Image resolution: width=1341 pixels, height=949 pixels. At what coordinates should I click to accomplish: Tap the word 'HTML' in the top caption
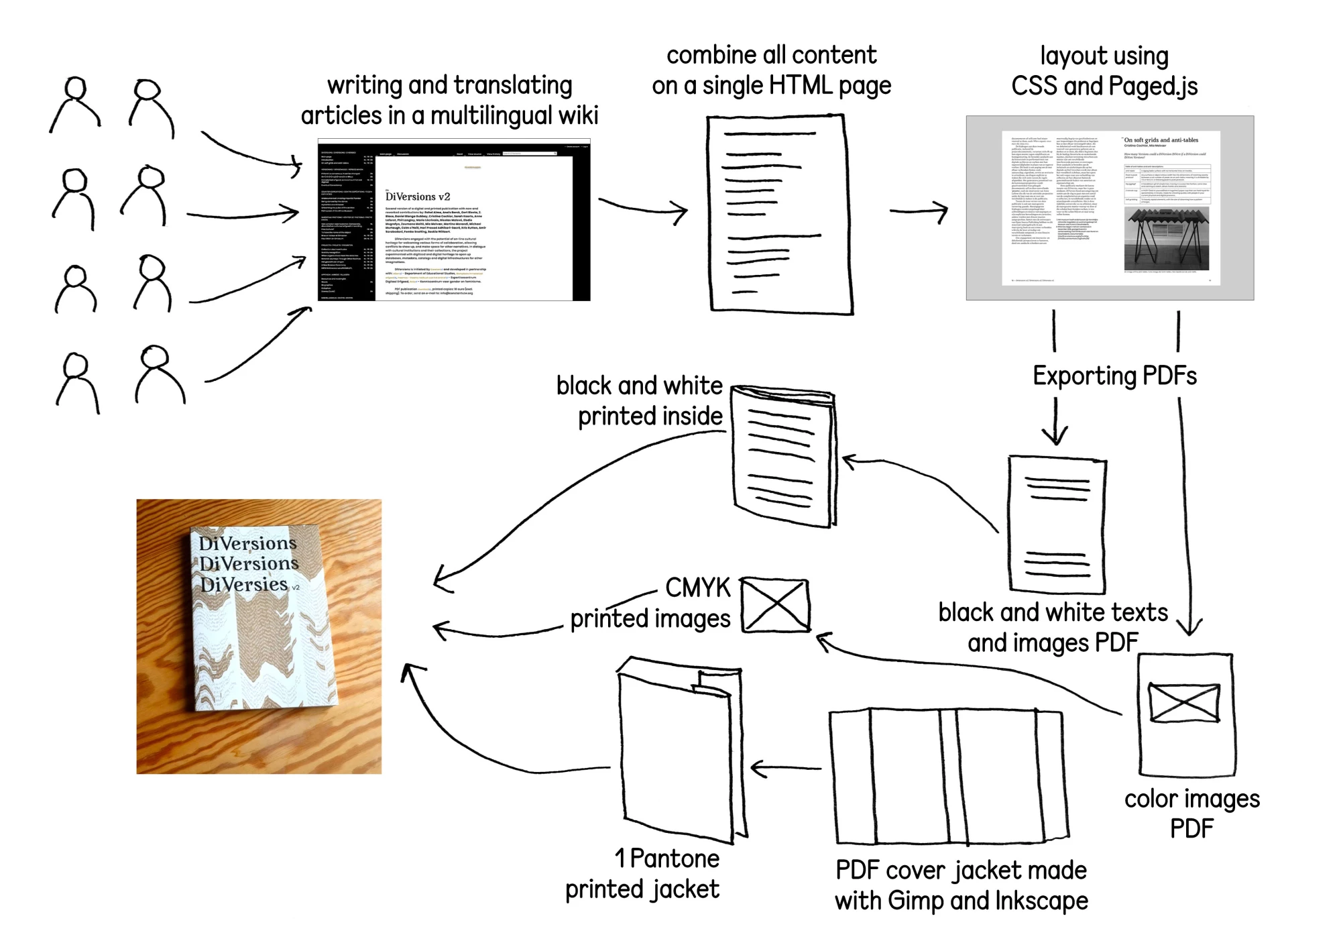tap(800, 86)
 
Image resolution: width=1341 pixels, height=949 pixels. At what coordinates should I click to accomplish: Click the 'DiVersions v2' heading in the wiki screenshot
tap(418, 197)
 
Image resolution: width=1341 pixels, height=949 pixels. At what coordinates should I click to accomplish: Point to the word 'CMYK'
tap(697, 588)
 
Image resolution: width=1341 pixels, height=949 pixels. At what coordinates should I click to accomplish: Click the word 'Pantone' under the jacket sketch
tap(675, 859)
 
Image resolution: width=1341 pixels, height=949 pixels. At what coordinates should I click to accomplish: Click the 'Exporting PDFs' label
tap(1114, 376)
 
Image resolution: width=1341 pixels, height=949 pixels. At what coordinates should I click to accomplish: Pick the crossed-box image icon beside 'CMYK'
tap(776, 605)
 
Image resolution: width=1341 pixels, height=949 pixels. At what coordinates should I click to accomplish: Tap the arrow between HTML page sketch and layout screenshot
tap(919, 212)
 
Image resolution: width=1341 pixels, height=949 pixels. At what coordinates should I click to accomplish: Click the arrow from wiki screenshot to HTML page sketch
tap(643, 208)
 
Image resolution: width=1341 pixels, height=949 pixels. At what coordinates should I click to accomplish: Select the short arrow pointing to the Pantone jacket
tap(785, 769)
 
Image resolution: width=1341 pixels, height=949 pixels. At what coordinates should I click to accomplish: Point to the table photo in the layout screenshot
tap(1166, 238)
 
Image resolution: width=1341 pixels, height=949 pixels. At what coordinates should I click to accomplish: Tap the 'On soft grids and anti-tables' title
tap(1161, 140)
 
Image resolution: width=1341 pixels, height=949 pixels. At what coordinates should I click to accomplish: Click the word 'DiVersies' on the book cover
tap(244, 585)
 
